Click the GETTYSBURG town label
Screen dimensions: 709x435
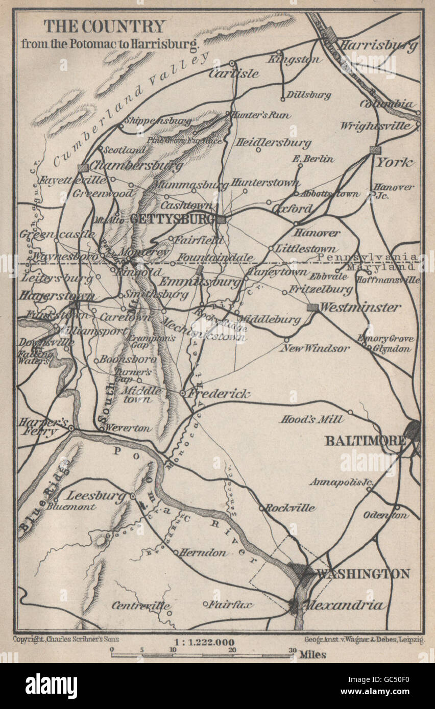point(171,218)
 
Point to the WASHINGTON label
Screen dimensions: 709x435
point(363,574)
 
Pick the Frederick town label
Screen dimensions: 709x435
point(219,394)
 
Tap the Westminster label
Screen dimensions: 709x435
point(360,308)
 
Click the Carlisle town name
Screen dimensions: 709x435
point(233,73)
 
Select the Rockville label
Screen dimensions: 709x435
point(290,508)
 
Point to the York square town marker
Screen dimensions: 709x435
point(375,150)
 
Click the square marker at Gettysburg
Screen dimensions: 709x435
point(221,219)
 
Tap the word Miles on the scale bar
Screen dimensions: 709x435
point(312,654)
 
